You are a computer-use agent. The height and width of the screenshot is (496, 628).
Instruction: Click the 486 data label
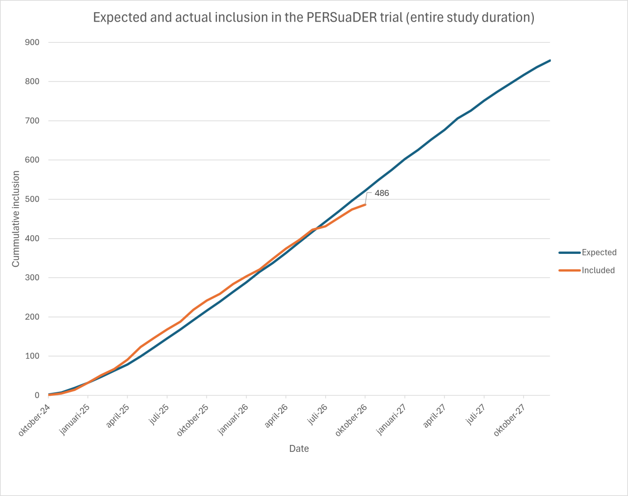pos(382,193)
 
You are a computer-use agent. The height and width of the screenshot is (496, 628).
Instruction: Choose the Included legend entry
pos(587,270)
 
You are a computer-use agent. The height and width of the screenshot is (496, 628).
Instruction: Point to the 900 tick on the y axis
pos(32,42)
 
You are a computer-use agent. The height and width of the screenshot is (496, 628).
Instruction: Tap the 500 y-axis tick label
pos(32,199)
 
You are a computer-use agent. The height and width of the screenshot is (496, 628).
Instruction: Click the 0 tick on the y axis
pos(37,395)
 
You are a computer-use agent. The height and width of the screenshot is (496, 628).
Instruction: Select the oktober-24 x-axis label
pos(34,419)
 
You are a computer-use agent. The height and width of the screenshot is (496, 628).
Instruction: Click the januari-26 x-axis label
pos(234,419)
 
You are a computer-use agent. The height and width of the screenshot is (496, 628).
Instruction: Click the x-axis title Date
pos(299,448)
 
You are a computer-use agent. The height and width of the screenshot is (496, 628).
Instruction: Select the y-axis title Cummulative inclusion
pos(16,219)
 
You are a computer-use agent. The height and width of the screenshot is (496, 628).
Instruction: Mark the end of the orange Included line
pos(365,204)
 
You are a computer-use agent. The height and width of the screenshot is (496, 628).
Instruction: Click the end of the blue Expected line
pos(550,60)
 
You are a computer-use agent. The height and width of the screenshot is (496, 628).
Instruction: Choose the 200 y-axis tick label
pos(32,317)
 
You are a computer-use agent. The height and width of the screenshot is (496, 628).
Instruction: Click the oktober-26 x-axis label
pos(351,419)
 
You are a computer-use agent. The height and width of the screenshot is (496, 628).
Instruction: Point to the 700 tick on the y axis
pos(32,121)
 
